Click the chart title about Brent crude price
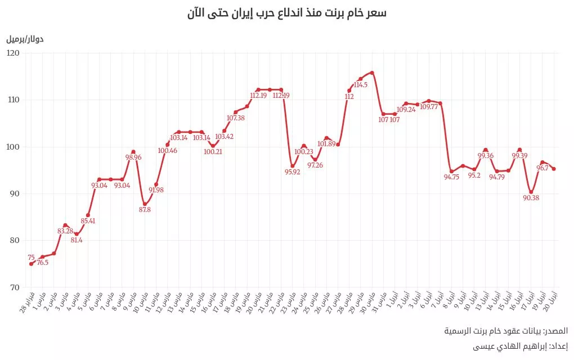coord(287,13)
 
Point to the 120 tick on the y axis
coord(13,53)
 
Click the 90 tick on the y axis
coord(14,193)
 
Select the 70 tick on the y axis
coord(14,287)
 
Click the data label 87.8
coord(145,210)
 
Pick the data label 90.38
coord(531,197)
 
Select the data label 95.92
coord(292,172)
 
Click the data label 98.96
coord(133,157)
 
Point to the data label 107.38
coord(235,118)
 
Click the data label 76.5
coord(43,262)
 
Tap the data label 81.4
coord(77,240)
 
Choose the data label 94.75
coord(451,177)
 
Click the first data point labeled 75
coord(32,264)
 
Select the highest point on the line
coord(372,73)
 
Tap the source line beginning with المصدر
coord(506,331)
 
